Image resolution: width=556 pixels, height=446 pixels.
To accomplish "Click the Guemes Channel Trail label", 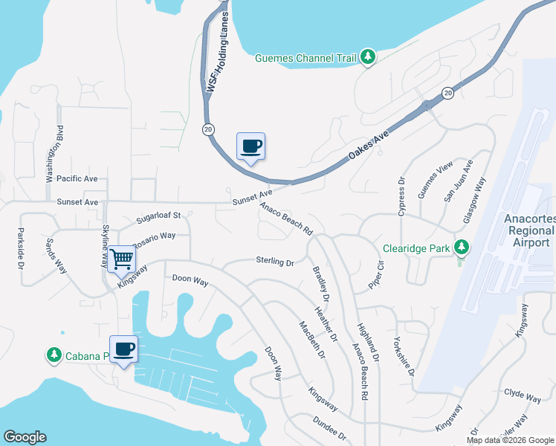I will pyautogui.click(x=306, y=58).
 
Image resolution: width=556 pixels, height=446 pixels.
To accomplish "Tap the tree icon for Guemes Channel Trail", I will pyautogui.click(x=367, y=57).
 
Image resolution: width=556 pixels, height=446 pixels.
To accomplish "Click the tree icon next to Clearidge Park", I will pyautogui.click(x=461, y=247).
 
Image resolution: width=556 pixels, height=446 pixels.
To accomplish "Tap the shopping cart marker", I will pyautogui.click(x=120, y=260).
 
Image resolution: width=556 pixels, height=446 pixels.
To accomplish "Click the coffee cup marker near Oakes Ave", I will pyautogui.click(x=250, y=146).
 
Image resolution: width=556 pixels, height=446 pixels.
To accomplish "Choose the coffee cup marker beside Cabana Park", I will pyautogui.click(x=123, y=349).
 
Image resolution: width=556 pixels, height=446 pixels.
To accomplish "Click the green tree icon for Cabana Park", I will pyautogui.click(x=54, y=355).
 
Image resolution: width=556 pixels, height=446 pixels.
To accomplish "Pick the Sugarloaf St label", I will pyautogui.click(x=158, y=216).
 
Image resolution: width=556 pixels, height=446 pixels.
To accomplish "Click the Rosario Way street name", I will pyautogui.click(x=154, y=240).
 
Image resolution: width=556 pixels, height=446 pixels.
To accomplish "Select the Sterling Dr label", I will pyautogui.click(x=275, y=262).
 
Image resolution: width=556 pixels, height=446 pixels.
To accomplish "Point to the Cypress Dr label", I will pyautogui.click(x=401, y=197).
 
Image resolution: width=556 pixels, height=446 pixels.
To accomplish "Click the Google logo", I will pyautogui.click(x=25, y=437).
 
